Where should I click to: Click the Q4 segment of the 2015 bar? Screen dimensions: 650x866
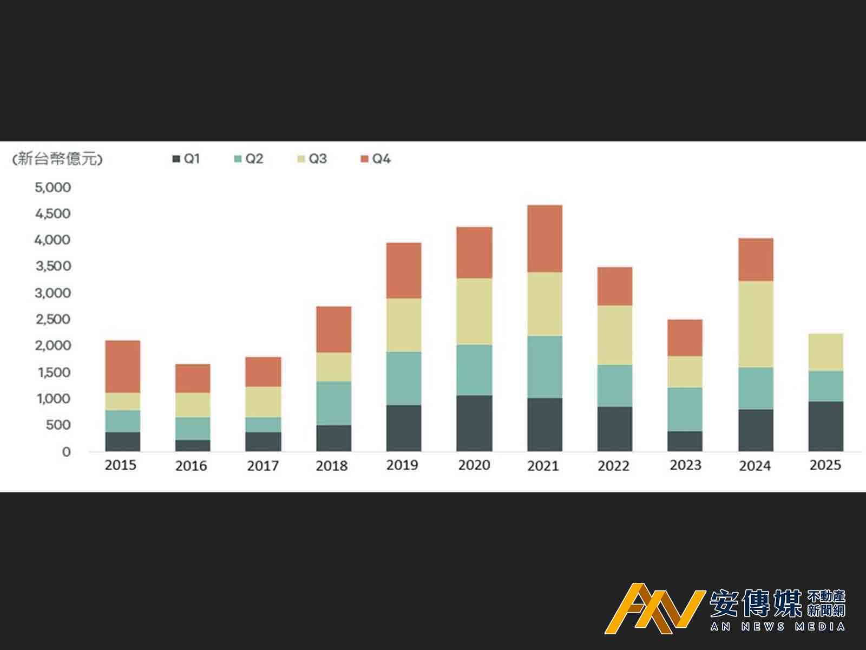(122, 366)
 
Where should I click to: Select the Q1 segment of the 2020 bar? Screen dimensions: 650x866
(474, 423)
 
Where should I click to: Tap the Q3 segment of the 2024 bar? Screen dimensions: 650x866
(756, 324)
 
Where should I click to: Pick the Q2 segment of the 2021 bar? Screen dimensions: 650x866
(544, 367)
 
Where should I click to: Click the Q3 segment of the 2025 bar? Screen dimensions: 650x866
(825, 352)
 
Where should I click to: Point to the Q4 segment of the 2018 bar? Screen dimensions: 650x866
(333, 329)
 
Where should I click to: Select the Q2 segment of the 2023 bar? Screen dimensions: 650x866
(685, 409)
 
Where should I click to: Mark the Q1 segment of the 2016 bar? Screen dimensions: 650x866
(193, 445)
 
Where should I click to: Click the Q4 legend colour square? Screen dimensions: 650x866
(364, 159)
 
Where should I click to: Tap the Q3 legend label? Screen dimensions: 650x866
(318, 159)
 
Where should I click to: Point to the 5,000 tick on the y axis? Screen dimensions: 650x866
(53, 187)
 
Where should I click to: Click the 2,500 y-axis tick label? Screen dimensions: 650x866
(53, 319)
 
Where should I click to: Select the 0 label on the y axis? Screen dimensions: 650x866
(66, 452)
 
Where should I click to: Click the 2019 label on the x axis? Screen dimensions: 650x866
(402, 465)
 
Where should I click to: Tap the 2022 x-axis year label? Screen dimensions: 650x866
(613, 466)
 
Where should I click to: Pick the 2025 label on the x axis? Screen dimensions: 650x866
(825, 465)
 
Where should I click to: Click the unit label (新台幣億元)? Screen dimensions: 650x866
(57, 159)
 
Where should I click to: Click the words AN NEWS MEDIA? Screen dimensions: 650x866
(778, 627)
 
